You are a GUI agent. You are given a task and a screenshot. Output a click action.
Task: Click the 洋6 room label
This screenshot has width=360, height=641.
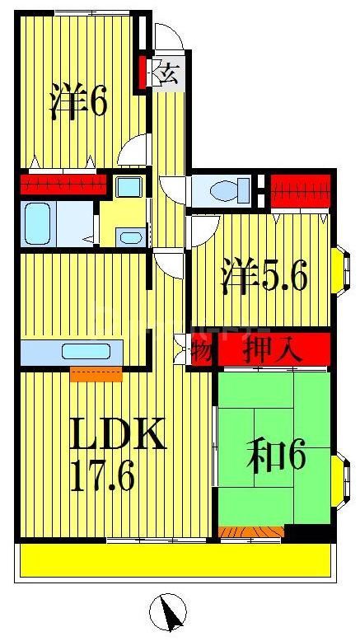[78, 101]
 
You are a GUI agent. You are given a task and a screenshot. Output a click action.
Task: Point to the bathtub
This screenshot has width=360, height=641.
[38, 223]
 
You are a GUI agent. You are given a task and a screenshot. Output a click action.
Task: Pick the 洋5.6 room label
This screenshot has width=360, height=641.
[264, 277]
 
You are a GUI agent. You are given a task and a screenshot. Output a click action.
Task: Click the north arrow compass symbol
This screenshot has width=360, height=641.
[169, 612]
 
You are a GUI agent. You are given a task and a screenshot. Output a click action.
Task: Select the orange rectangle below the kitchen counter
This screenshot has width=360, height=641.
[96, 374]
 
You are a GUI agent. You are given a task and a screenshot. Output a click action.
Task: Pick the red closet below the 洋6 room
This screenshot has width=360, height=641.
[63, 183]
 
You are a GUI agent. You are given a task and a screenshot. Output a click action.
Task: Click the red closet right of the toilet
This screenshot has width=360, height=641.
[300, 190]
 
